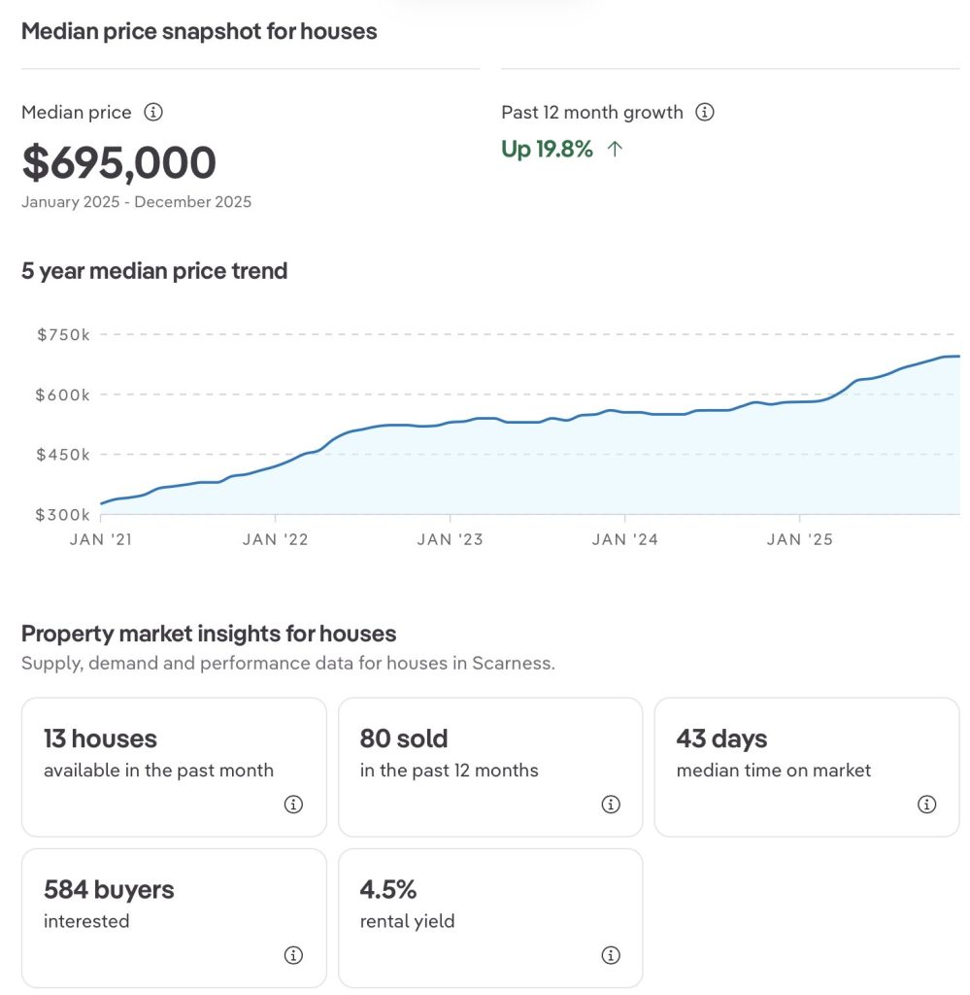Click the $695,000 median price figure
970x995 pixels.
(x=118, y=162)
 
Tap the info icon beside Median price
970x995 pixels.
(x=153, y=112)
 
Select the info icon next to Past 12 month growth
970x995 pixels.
(x=706, y=112)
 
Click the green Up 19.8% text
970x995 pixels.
(x=547, y=149)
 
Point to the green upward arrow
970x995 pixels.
(x=614, y=149)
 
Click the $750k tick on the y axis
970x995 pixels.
(x=63, y=334)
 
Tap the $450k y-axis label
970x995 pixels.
(x=63, y=454)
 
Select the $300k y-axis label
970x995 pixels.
(x=63, y=514)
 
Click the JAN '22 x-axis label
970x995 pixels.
(x=275, y=539)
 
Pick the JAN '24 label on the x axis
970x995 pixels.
(x=624, y=539)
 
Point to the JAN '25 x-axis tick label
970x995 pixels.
(x=799, y=539)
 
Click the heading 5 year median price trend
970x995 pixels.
(x=154, y=270)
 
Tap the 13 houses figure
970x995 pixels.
(x=100, y=738)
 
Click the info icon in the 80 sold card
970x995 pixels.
(x=611, y=804)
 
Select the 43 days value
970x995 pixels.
(x=721, y=738)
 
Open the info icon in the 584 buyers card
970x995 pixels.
(x=293, y=955)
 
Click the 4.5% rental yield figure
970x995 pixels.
(x=387, y=889)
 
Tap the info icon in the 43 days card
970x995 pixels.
(x=927, y=804)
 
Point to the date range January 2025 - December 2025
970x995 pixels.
(x=136, y=202)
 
